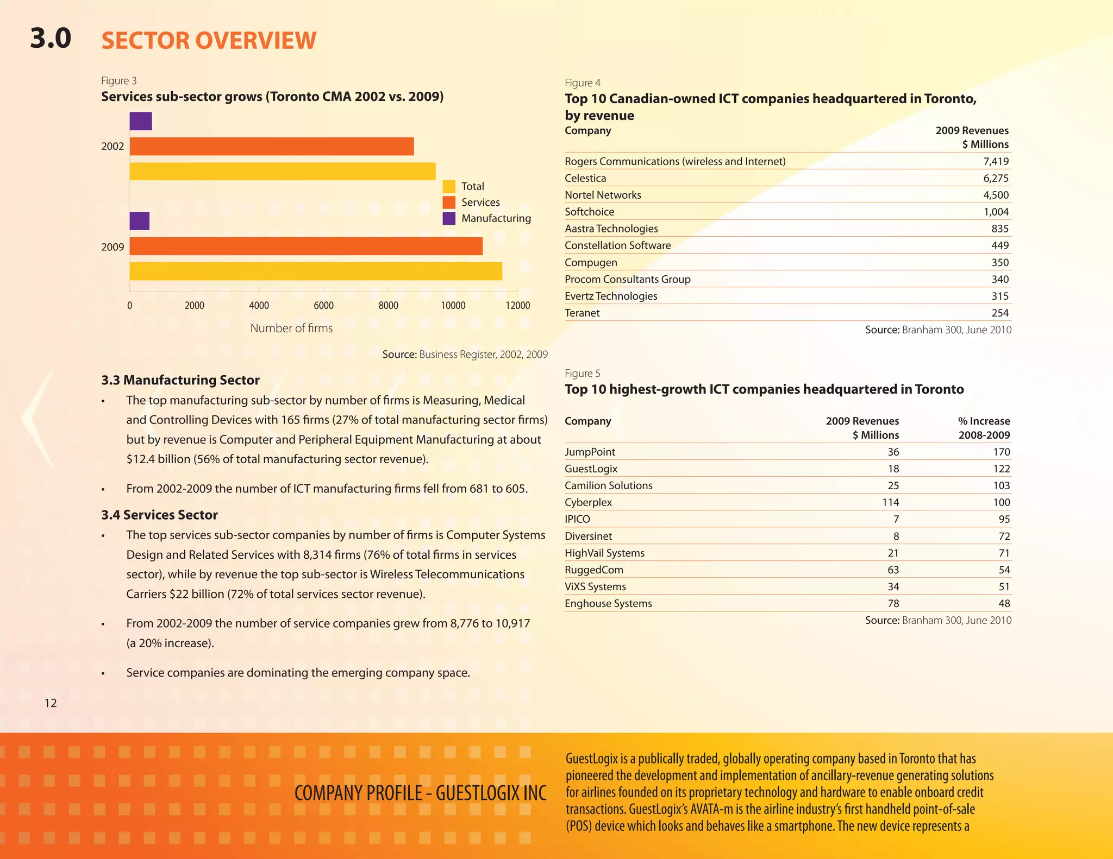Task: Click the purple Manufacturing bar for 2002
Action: click(141, 121)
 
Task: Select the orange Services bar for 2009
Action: click(306, 246)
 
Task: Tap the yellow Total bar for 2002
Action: click(283, 172)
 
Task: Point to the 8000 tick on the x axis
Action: click(388, 305)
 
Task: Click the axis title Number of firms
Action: click(291, 328)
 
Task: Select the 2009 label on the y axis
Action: click(112, 247)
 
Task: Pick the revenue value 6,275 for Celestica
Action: click(996, 178)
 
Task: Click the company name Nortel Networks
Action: click(603, 195)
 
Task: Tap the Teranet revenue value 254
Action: click(999, 313)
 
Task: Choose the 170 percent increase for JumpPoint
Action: click(1001, 452)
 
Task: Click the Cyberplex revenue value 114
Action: click(890, 502)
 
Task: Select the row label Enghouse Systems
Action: click(608, 603)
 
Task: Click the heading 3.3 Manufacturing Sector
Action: click(180, 380)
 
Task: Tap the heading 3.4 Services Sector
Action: click(159, 515)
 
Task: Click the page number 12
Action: click(51, 703)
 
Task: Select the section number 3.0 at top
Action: click(51, 39)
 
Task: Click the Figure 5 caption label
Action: click(582, 373)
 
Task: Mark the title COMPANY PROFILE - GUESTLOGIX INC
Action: click(420, 793)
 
